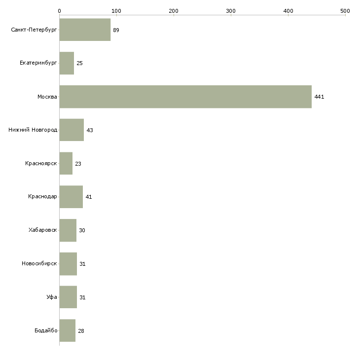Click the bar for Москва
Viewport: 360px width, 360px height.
(x=185, y=97)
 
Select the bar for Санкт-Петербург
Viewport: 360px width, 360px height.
(x=85, y=30)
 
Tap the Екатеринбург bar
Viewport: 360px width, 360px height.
(x=67, y=63)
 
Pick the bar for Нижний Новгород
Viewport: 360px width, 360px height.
(x=72, y=130)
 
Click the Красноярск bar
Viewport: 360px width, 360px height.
(x=66, y=163)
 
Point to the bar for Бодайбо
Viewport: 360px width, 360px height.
(x=67, y=330)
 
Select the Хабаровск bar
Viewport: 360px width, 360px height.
(x=68, y=230)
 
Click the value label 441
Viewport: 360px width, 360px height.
(x=319, y=97)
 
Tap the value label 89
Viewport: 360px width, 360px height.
(x=116, y=30)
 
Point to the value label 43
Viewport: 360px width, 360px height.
(x=90, y=130)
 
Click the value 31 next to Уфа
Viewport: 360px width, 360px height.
(x=82, y=297)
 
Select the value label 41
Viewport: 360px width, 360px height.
(x=89, y=197)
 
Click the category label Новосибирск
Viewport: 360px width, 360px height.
(x=39, y=263)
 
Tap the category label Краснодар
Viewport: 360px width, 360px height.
(x=42, y=197)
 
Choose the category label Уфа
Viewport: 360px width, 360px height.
(x=52, y=297)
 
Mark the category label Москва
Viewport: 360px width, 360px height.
(x=47, y=97)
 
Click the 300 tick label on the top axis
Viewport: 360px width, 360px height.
(x=231, y=11)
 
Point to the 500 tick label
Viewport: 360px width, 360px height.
(x=345, y=11)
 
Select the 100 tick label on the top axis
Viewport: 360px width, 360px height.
(x=116, y=11)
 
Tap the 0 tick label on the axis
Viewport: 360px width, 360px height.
(x=60, y=11)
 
